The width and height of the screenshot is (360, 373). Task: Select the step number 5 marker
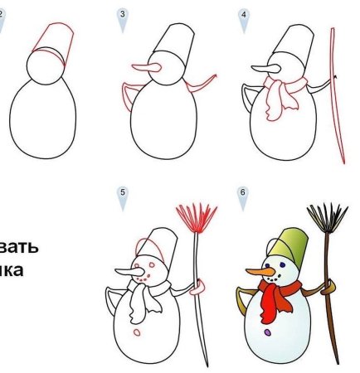(x=123, y=196)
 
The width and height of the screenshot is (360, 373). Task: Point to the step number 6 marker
(x=243, y=196)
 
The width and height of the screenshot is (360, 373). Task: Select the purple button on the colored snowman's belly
(x=266, y=333)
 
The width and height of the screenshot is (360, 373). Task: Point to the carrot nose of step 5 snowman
(x=126, y=273)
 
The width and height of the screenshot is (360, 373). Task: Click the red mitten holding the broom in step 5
(x=197, y=288)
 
